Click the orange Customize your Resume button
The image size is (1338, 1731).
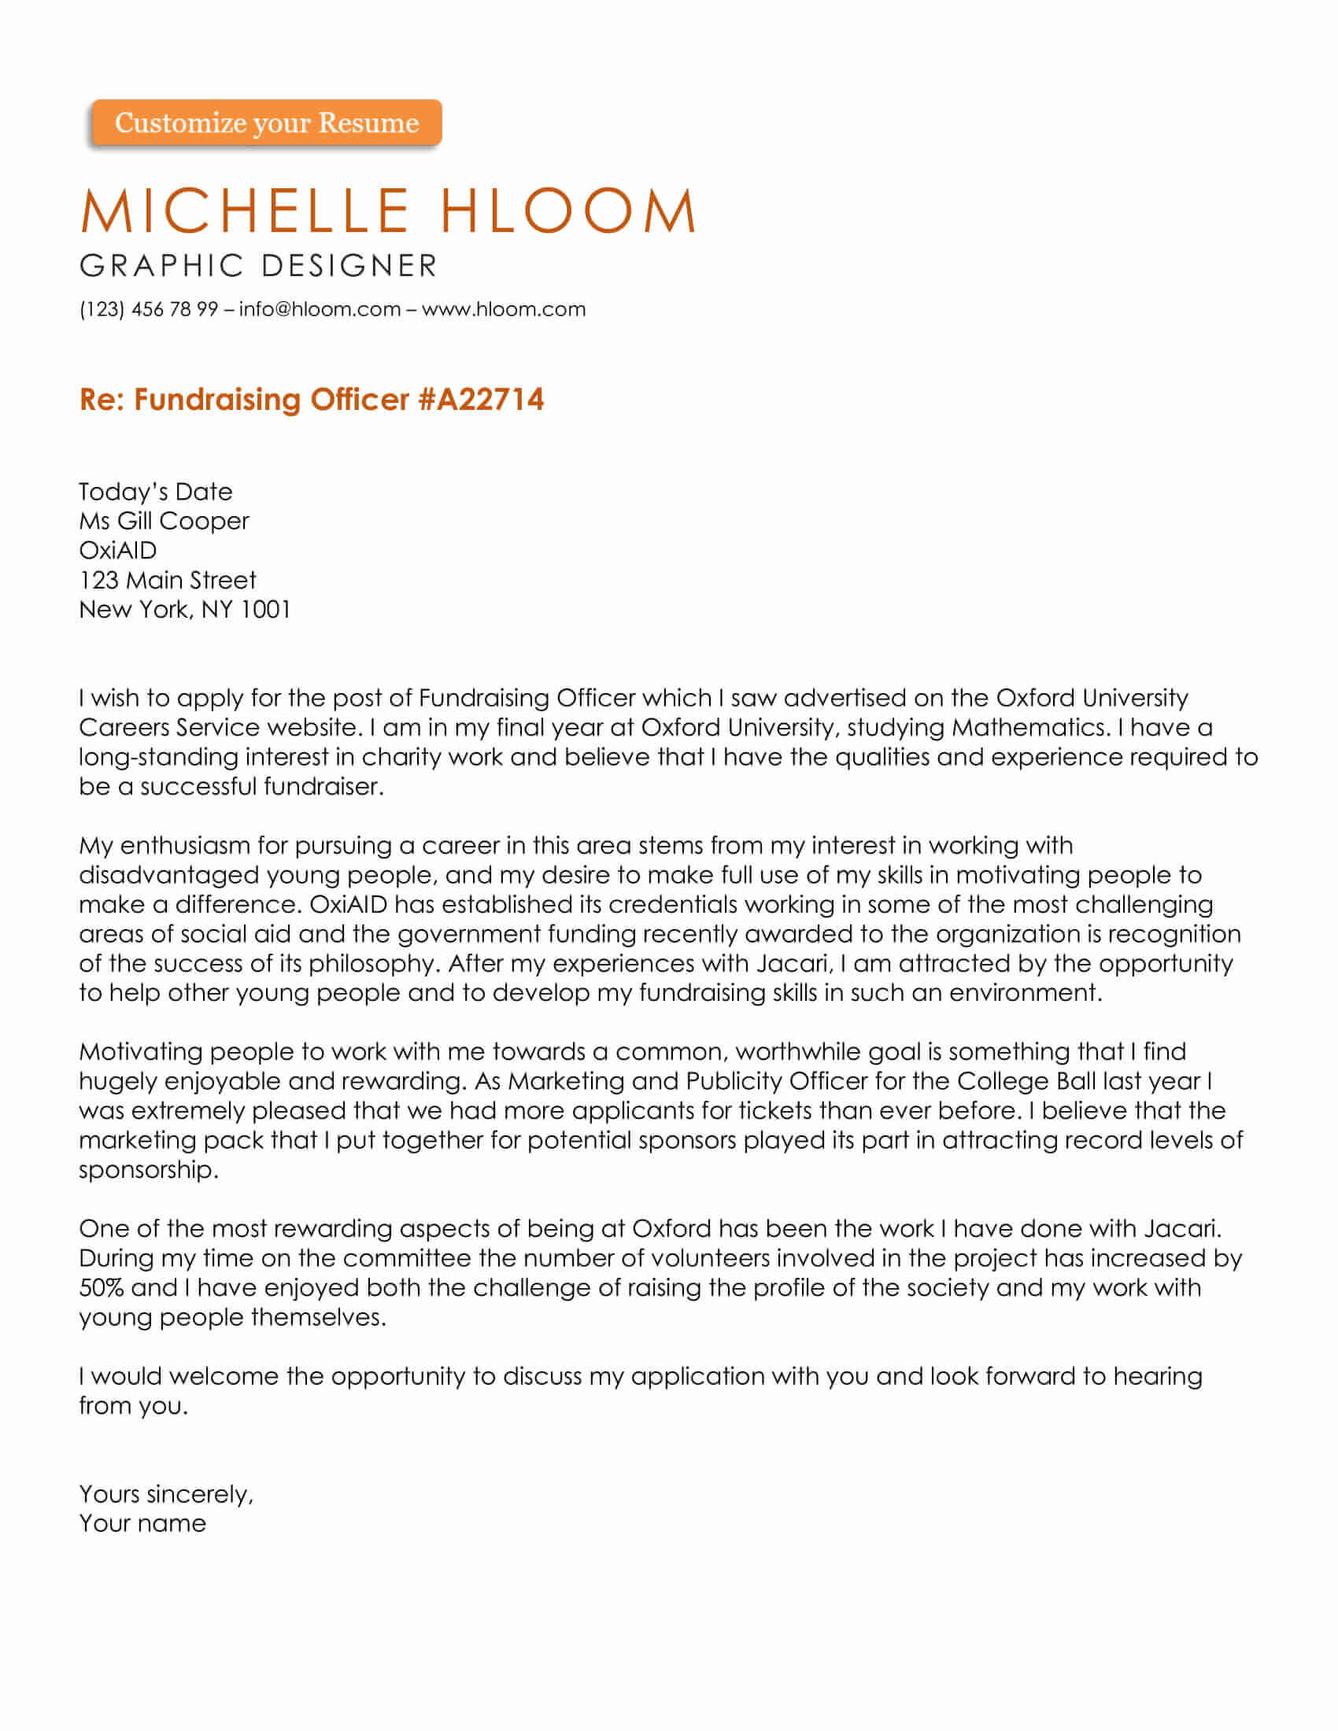coord(266,123)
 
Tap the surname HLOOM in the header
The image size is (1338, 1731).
coord(567,211)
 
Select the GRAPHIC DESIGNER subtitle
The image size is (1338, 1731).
coord(258,266)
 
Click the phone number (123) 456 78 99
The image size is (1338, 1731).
coord(148,309)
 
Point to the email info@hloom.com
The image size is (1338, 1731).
coord(320,309)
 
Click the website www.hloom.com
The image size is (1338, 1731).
coord(504,309)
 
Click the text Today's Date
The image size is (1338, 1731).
coord(155,493)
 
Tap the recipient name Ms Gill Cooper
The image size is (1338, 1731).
coord(164,522)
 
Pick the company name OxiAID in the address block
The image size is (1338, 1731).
coord(118,551)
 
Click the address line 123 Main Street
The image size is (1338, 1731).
coord(167,580)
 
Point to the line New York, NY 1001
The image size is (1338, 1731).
coord(185,610)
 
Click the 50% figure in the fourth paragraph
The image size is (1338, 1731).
coord(102,1288)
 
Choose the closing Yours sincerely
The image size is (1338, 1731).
coord(165,1494)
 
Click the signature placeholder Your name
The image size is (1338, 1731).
coord(142,1523)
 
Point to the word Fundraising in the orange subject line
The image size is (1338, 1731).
coord(218,400)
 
